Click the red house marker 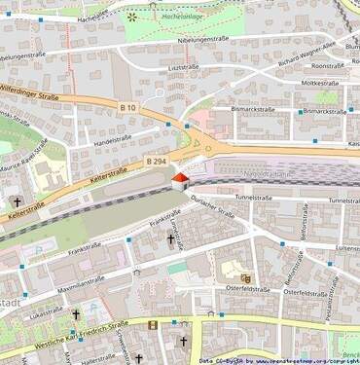pos(179,180)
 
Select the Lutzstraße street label pos(182,67)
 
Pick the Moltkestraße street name pos(319,84)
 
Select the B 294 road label pos(156,159)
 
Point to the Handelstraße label pos(112,138)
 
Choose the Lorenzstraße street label pos(176,233)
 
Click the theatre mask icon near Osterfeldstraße pos(245,278)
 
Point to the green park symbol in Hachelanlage pos(131,17)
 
